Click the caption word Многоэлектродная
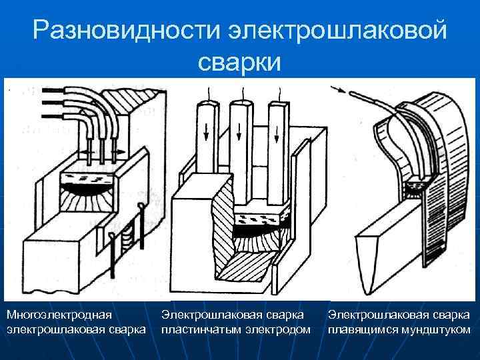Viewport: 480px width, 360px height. click(59, 314)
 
